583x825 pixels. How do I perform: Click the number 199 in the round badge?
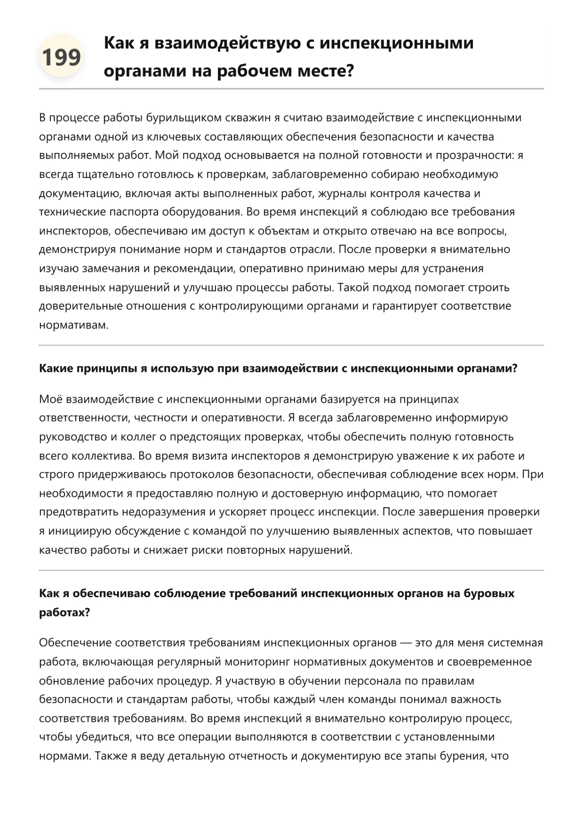61,57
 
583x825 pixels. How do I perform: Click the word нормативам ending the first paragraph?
73,325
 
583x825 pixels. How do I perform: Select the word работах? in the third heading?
64,612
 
